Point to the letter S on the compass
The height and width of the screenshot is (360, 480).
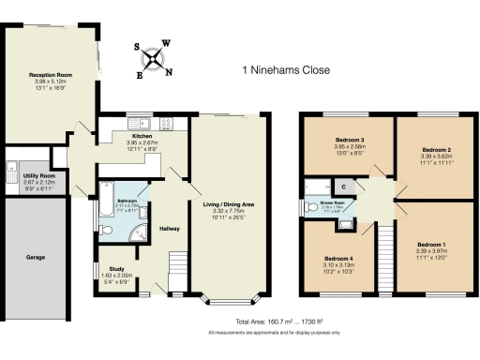click(x=136, y=47)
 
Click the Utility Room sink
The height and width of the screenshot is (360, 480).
click(x=12, y=172)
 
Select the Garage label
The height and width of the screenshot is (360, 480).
click(x=35, y=254)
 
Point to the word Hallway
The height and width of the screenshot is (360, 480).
click(x=169, y=228)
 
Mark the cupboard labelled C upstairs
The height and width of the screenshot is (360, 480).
click(x=344, y=186)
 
